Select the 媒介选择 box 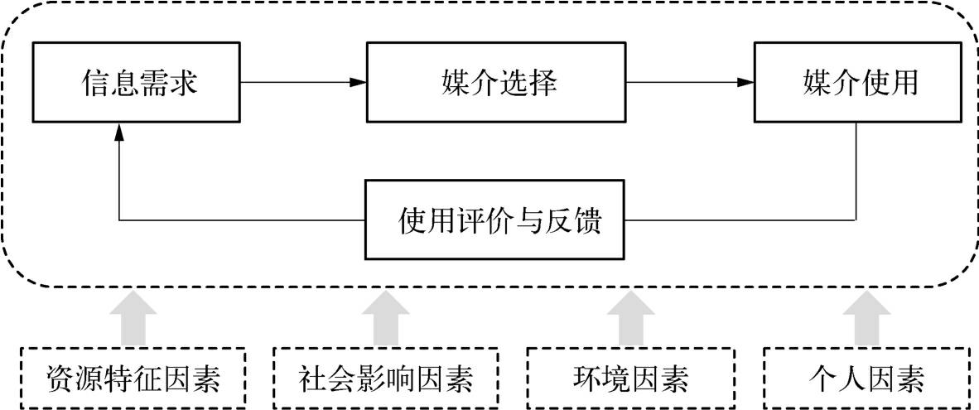click(496, 83)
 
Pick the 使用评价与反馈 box click(496, 221)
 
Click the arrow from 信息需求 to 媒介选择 click(302, 82)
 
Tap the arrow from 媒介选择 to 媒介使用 click(690, 82)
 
